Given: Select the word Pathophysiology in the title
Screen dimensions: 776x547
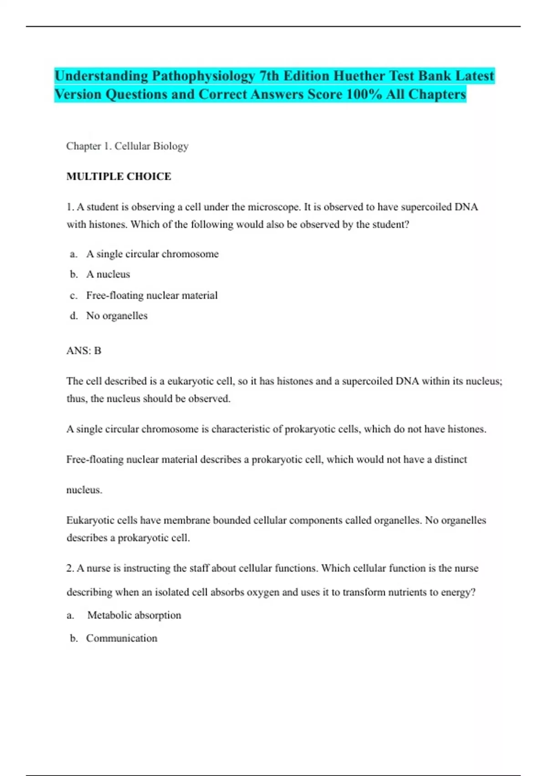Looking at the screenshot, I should (x=203, y=76).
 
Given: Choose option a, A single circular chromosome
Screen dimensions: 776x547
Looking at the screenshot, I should (x=152, y=254).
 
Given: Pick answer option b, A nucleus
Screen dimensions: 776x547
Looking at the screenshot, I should (x=108, y=274).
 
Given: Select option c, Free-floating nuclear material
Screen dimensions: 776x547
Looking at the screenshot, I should (x=152, y=295).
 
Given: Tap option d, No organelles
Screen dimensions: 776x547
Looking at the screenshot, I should (x=117, y=316).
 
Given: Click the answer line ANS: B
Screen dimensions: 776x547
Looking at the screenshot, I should (x=84, y=351).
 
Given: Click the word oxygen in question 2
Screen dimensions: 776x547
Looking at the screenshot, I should (x=263, y=592).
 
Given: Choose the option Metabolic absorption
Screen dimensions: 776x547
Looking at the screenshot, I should (x=134, y=615).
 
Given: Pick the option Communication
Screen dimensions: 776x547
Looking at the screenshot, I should (x=122, y=638).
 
